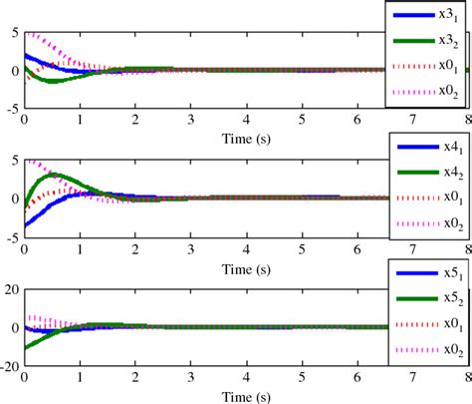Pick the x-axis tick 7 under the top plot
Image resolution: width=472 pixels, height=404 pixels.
click(x=411, y=120)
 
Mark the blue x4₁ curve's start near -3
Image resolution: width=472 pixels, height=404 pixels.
click(x=25, y=224)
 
